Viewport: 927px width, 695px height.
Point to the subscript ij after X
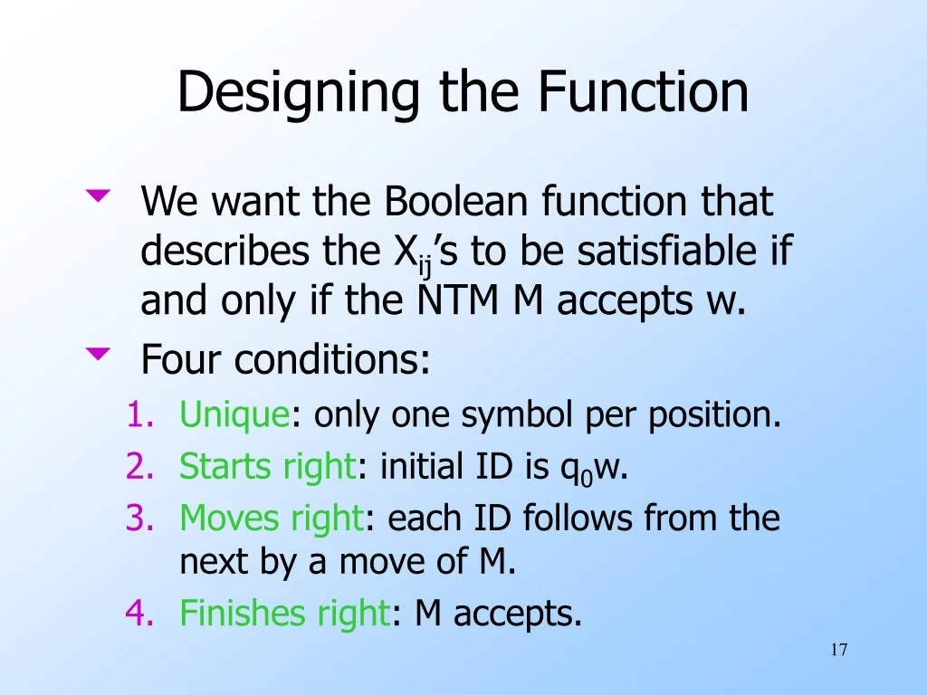(425, 266)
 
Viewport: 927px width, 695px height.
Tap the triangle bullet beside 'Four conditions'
(99, 354)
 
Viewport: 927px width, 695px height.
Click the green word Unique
(234, 415)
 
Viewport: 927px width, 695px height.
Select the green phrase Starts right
(267, 467)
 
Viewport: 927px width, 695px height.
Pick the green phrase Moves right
(271, 518)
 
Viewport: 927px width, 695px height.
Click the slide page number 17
(838, 650)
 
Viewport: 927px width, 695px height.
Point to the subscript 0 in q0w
(587, 477)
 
